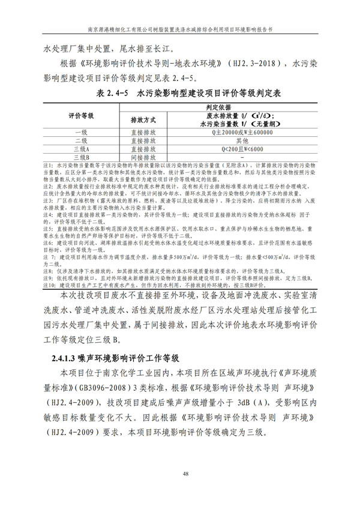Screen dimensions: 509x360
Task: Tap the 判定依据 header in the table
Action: [235, 106]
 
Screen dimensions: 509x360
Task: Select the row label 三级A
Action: [79, 148]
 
